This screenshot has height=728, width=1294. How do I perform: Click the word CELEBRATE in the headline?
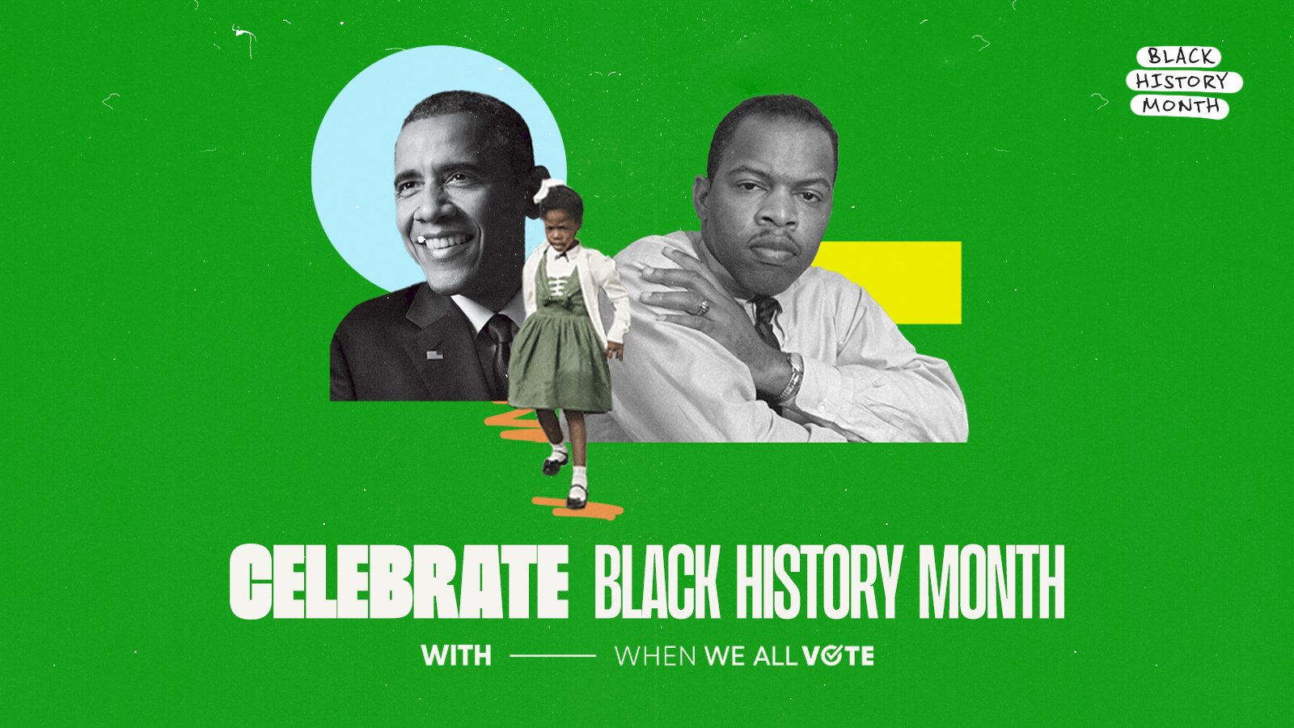400,582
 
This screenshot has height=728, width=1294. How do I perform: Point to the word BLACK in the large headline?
657,582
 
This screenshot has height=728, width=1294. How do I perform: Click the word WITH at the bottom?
456,655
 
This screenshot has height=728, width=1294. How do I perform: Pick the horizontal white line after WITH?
553,655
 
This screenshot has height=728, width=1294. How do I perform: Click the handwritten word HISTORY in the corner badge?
1182,82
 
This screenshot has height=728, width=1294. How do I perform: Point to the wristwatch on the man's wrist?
789,378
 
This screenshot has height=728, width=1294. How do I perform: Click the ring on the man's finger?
704,307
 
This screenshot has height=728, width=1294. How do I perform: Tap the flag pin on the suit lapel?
434,353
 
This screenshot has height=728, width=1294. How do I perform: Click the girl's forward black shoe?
576,497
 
